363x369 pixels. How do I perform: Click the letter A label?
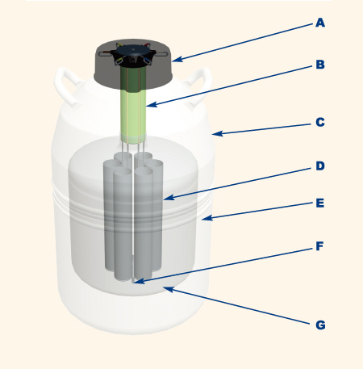320,23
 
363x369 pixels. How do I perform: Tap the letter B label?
320,65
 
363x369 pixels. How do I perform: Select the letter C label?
320,122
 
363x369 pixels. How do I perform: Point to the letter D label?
320,166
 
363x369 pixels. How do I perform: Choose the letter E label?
319,203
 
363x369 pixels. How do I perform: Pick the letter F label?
319,246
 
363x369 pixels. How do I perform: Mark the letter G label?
320,325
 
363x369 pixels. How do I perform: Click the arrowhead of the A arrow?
177,59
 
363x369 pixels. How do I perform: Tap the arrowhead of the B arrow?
152,104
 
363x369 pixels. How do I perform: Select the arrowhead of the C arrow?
217,133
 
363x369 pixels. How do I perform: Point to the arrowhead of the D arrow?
169,198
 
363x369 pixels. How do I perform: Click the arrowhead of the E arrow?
207,218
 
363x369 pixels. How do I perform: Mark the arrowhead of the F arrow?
140,281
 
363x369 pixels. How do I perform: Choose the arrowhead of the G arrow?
169,290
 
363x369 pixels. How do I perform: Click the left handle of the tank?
67,86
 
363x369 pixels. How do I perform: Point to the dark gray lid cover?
133,65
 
